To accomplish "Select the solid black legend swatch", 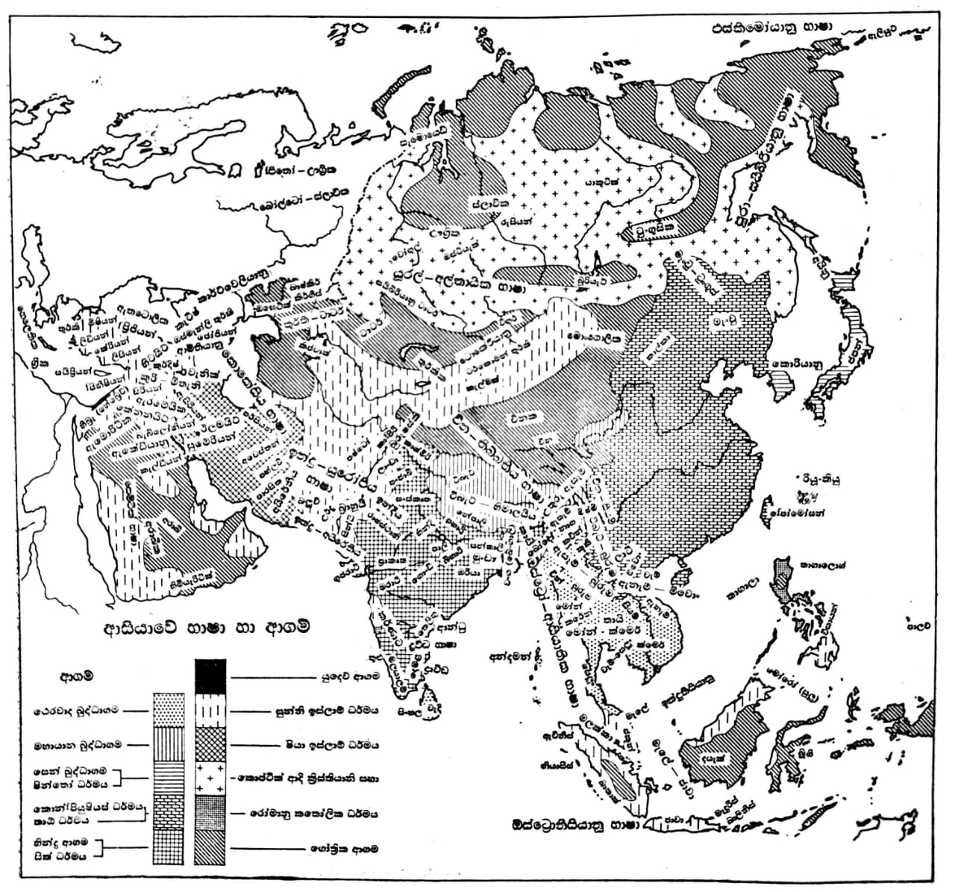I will [x=210, y=676].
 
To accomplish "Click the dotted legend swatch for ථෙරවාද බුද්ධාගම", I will [x=167, y=709].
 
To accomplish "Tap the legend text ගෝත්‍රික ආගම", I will [x=339, y=849].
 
